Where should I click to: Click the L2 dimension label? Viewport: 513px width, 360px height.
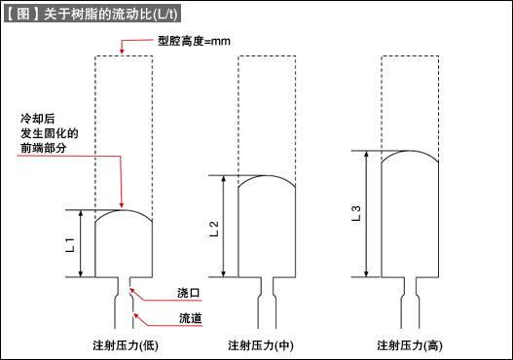214,230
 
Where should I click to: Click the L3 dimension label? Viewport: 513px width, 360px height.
356,211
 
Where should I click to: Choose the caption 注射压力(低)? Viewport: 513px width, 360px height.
124,344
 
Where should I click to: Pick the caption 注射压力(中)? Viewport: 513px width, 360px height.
260,344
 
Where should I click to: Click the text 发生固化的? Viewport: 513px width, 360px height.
50,131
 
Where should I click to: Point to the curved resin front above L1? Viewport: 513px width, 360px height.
124,211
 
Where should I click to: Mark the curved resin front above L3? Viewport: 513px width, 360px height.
408,152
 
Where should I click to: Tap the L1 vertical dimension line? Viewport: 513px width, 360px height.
82,242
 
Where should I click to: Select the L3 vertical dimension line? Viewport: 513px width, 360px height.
366,213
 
